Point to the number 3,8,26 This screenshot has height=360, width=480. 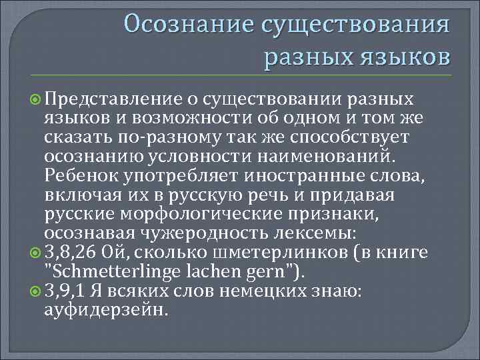(69, 253)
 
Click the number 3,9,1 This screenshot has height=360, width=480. (64, 291)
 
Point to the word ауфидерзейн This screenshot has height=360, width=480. (107, 310)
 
